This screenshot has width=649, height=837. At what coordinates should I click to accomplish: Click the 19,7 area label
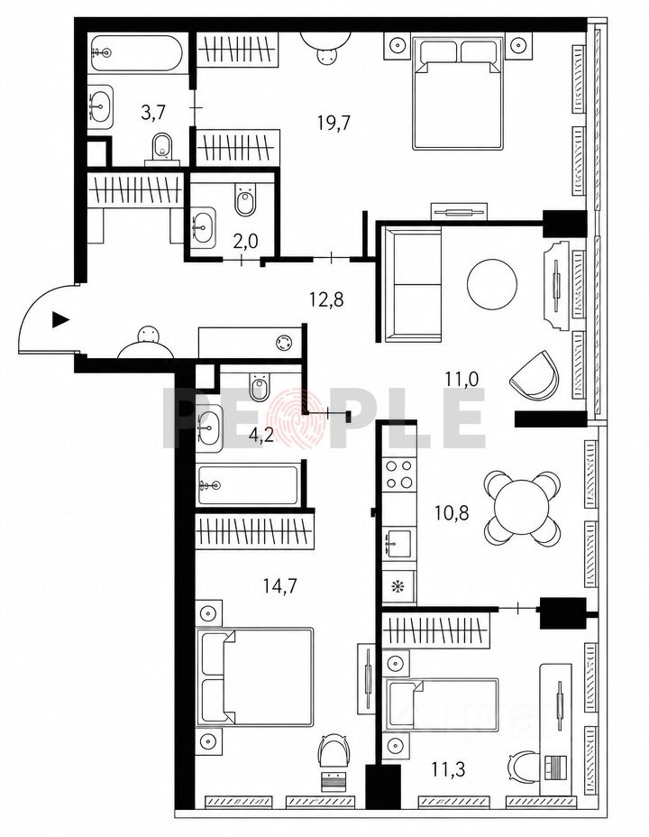click(x=334, y=124)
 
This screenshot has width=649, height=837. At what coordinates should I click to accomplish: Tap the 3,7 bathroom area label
click(x=153, y=113)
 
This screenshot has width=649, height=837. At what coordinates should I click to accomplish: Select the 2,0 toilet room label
click(x=246, y=242)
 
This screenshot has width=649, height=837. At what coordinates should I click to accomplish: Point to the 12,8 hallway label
click(x=326, y=300)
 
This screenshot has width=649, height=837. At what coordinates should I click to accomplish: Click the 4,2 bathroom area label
click(x=261, y=436)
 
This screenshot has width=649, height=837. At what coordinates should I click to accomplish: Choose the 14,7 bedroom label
click(x=280, y=586)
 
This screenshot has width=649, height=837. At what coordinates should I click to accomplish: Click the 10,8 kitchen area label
click(x=452, y=513)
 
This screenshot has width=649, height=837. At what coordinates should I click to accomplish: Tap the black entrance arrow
click(x=60, y=320)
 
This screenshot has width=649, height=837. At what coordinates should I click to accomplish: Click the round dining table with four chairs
click(x=523, y=508)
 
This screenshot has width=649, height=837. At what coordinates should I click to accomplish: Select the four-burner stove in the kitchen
click(x=399, y=474)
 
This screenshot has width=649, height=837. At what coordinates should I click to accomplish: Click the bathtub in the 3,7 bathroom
click(x=137, y=53)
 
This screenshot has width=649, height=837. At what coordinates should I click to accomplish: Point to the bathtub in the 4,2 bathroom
click(x=248, y=484)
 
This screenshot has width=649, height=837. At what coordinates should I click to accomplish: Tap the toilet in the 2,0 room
click(x=246, y=200)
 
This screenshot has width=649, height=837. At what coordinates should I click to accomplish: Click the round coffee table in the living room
click(x=492, y=284)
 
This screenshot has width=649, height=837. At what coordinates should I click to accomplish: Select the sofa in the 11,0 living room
click(x=413, y=284)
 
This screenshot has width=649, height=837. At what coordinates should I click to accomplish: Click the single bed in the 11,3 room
click(x=442, y=704)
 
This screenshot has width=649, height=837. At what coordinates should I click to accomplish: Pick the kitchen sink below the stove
click(x=398, y=543)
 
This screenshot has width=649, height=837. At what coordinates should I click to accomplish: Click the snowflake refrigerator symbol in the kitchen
click(x=398, y=586)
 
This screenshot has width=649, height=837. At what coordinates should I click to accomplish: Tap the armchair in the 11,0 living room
click(x=535, y=374)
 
